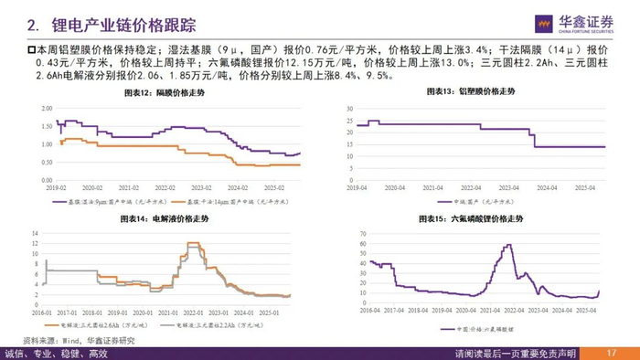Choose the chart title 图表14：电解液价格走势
[x=165, y=219]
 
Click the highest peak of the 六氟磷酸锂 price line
[x=507, y=245]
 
